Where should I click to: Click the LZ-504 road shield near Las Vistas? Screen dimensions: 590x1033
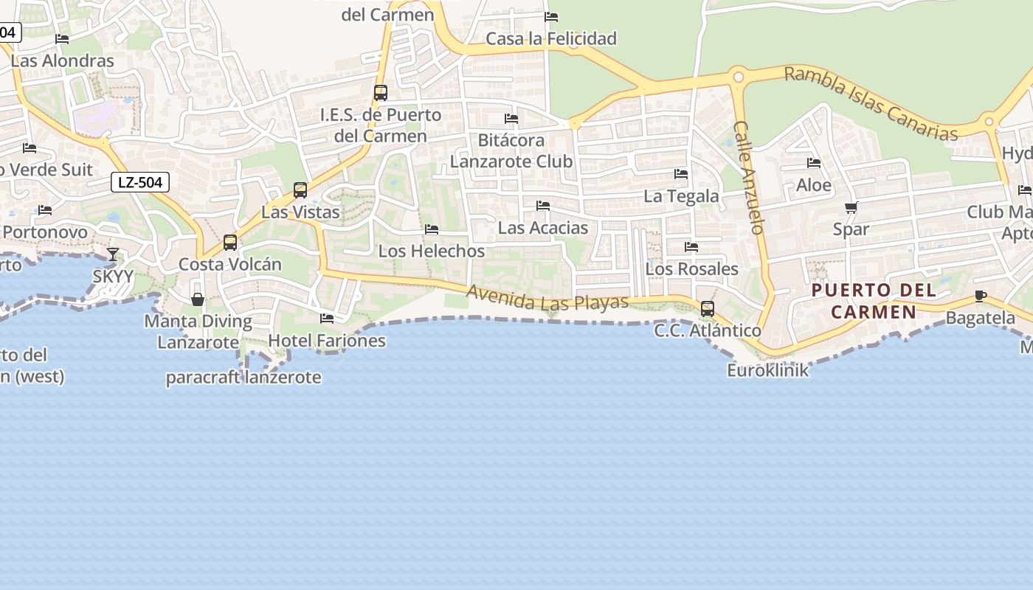[x=140, y=182]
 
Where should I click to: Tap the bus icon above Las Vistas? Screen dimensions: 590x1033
[x=300, y=190]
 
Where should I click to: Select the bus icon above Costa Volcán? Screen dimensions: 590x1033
[x=230, y=243]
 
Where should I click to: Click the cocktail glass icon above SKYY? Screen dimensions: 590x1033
[x=112, y=254]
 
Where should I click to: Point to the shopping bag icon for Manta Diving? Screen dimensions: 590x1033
[x=198, y=299]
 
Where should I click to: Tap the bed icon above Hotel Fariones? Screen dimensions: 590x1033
[x=327, y=319]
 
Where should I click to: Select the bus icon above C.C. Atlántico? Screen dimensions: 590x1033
[x=708, y=309]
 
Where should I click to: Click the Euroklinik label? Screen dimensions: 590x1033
[x=767, y=370]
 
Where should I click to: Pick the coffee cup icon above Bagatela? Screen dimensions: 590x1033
[x=980, y=296]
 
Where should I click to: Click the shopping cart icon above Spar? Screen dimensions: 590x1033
[x=851, y=208]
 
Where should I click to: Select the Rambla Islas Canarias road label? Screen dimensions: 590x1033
[x=871, y=104]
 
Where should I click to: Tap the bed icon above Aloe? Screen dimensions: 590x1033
[x=814, y=163]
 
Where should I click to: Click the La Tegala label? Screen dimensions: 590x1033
[x=681, y=196]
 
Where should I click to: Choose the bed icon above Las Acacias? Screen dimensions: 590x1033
[x=543, y=206]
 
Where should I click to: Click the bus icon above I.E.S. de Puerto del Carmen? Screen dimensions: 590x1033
[x=381, y=93]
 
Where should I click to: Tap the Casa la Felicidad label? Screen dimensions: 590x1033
[x=551, y=38]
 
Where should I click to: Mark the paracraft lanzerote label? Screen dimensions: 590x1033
[x=243, y=378]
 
